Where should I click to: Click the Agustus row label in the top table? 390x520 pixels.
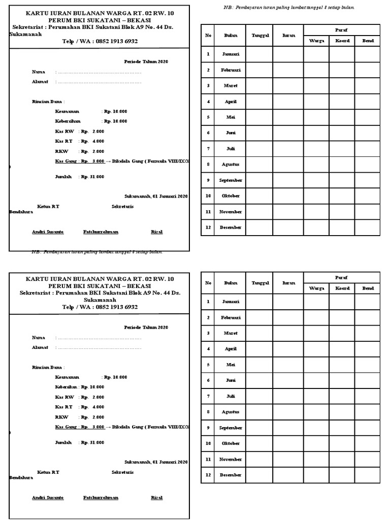230,165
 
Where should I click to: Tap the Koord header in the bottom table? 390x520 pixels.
342,288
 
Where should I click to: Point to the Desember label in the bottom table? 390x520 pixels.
230,475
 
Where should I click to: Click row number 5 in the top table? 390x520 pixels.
208,117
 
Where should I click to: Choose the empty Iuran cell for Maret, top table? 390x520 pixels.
288,86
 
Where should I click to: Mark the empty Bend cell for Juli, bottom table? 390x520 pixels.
367,396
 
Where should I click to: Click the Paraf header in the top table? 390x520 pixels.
341,30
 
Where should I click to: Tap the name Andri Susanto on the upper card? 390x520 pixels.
48,232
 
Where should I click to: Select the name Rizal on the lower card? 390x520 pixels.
156,498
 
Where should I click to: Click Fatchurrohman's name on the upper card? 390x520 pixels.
101,232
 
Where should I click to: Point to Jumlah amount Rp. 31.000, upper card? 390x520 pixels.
92,177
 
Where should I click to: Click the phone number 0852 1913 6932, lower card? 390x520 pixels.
111,307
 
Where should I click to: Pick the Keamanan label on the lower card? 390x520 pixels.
67,377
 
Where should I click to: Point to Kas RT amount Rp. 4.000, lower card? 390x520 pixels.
92,407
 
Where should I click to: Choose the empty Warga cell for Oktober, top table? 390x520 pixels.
316,196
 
